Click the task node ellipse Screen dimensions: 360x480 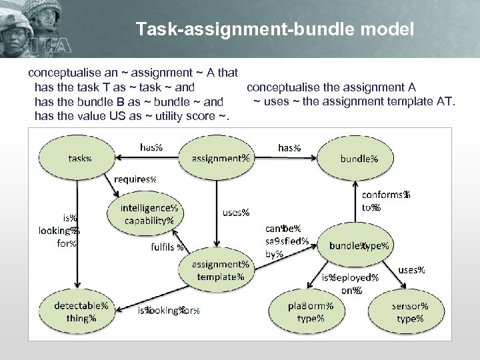[x=77, y=159]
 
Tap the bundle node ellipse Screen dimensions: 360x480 [x=359, y=159]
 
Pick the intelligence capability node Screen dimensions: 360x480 [x=147, y=214]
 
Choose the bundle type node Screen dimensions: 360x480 [x=359, y=245]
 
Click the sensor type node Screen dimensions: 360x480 [x=409, y=312]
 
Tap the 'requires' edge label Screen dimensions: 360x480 [x=135, y=179]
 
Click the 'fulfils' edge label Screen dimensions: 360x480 [x=167, y=247]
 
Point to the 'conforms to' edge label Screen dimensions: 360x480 [x=385, y=201]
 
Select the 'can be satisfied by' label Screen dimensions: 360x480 [x=286, y=241]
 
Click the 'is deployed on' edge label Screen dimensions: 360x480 [x=350, y=283]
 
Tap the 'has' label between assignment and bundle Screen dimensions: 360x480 [x=288, y=147]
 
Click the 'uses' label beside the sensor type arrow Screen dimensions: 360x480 [x=411, y=270]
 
